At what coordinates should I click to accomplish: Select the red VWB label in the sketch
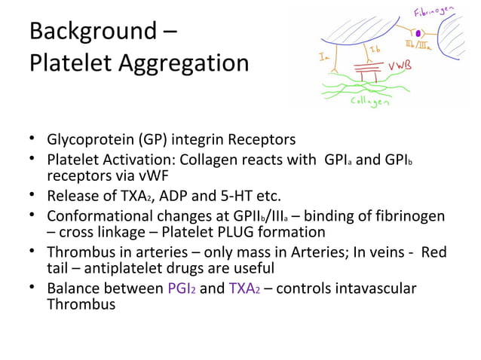[x=399, y=66]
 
